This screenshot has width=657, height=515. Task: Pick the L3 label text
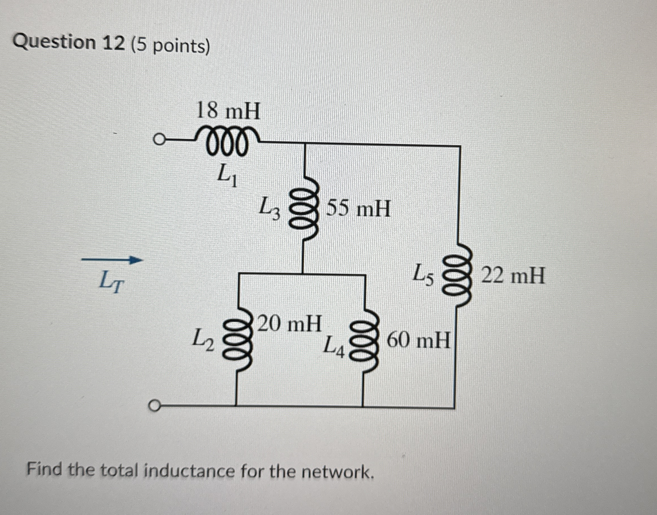(x=270, y=208)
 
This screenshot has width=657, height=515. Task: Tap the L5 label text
(x=424, y=275)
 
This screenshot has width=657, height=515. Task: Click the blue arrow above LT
(x=112, y=260)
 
